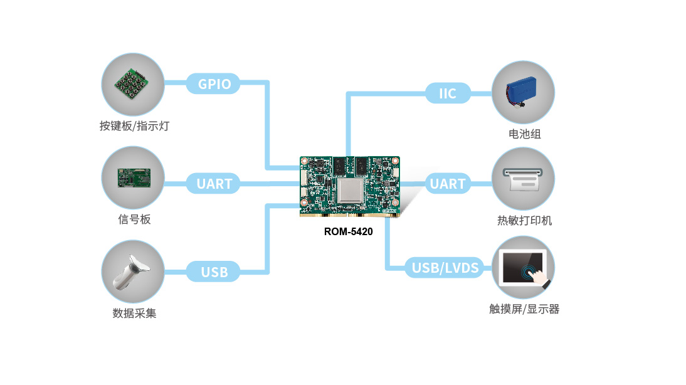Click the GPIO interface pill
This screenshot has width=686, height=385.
coord(214,84)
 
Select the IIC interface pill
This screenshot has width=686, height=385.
coord(448,94)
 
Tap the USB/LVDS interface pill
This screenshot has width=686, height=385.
coord(445,268)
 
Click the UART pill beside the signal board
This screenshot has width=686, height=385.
coord(214,184)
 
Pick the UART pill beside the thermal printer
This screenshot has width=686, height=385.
coord(448,184)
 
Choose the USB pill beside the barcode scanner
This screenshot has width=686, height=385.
coord(214,272)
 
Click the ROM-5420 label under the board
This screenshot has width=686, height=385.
coord(348,231)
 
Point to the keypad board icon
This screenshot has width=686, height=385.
coord(133,84)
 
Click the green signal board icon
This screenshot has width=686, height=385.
coord(133,177)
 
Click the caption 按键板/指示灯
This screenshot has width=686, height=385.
coord(134,126)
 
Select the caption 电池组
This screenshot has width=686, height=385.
coord(524,134)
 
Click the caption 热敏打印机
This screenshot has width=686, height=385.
coord(524,221)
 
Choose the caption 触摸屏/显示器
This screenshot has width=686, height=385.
coord(524,309)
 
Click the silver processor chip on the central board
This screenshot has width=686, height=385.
coord(349,190)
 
